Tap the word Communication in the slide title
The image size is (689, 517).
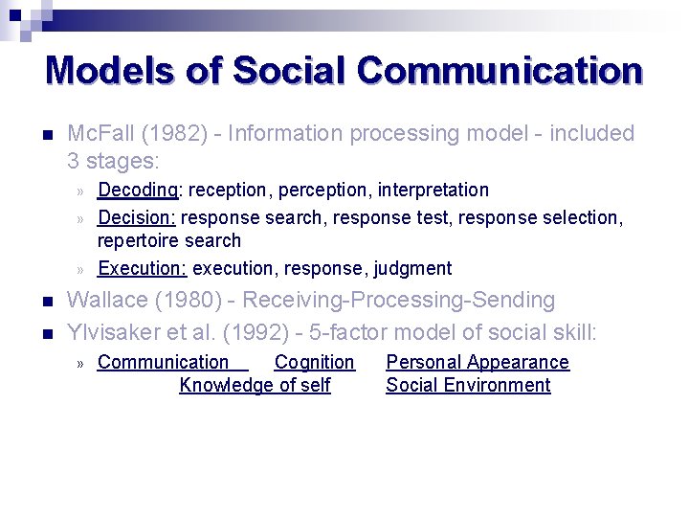coord(499,70)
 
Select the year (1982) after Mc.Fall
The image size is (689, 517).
coord(178,134)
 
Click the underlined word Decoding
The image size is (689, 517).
coord(136,191)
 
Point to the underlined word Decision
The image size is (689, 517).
coord(137,217)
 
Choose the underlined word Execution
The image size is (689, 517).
coord(143,269)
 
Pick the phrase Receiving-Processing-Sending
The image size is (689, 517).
coord(398,301)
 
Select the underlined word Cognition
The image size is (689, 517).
coord(314,363)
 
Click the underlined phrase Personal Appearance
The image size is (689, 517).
coord(477,363)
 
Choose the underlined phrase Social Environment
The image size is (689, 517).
coord(468,386)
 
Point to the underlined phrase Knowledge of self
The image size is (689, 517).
coord(255,386)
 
